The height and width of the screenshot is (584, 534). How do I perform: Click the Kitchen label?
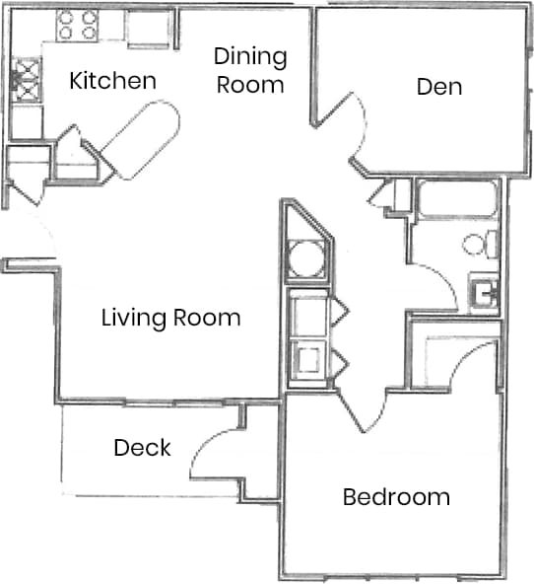point(112,81)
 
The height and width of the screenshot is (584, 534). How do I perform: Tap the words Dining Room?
point(250,70)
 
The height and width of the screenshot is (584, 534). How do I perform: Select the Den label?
point(439,86)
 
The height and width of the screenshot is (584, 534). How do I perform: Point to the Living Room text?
point(171,318)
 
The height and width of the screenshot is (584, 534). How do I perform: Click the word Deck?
point(142,448)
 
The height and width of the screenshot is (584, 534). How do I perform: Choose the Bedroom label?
point(396,496)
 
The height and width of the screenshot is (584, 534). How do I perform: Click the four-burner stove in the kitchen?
point(77,25)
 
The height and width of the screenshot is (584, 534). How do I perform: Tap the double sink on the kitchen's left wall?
point(26,82)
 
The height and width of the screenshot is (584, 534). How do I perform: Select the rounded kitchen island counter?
point(142,139)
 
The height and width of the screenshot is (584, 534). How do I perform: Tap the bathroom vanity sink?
point(483,291)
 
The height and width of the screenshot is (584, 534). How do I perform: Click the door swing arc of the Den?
point(350,128)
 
